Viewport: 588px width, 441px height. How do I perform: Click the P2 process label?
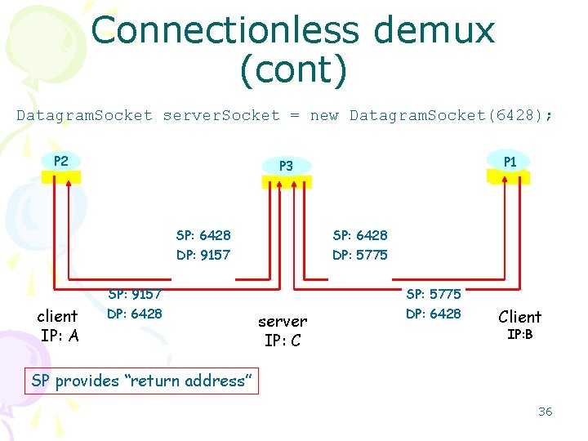60,161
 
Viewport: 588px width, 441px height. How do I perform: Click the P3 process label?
285,166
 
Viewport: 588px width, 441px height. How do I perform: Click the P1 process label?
510,162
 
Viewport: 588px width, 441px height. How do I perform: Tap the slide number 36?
545,412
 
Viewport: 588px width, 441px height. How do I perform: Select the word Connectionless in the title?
225,31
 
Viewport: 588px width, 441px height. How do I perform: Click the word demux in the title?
434,31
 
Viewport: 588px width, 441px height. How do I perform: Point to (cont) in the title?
293,70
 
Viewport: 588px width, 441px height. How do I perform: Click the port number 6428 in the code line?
512,115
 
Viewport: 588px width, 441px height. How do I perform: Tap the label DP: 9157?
203,255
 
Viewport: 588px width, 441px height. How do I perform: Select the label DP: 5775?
360,255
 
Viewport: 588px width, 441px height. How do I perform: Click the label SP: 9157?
135,294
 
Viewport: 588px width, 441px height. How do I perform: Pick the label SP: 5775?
434,294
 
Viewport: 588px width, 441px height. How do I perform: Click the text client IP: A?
59,325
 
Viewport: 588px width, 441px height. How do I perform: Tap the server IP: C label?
283,331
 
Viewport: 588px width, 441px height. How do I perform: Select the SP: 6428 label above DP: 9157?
203,235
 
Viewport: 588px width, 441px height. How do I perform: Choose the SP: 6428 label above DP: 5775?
360,235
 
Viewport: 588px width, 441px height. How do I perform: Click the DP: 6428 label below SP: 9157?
135,314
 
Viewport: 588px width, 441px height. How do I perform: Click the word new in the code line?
324,115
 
